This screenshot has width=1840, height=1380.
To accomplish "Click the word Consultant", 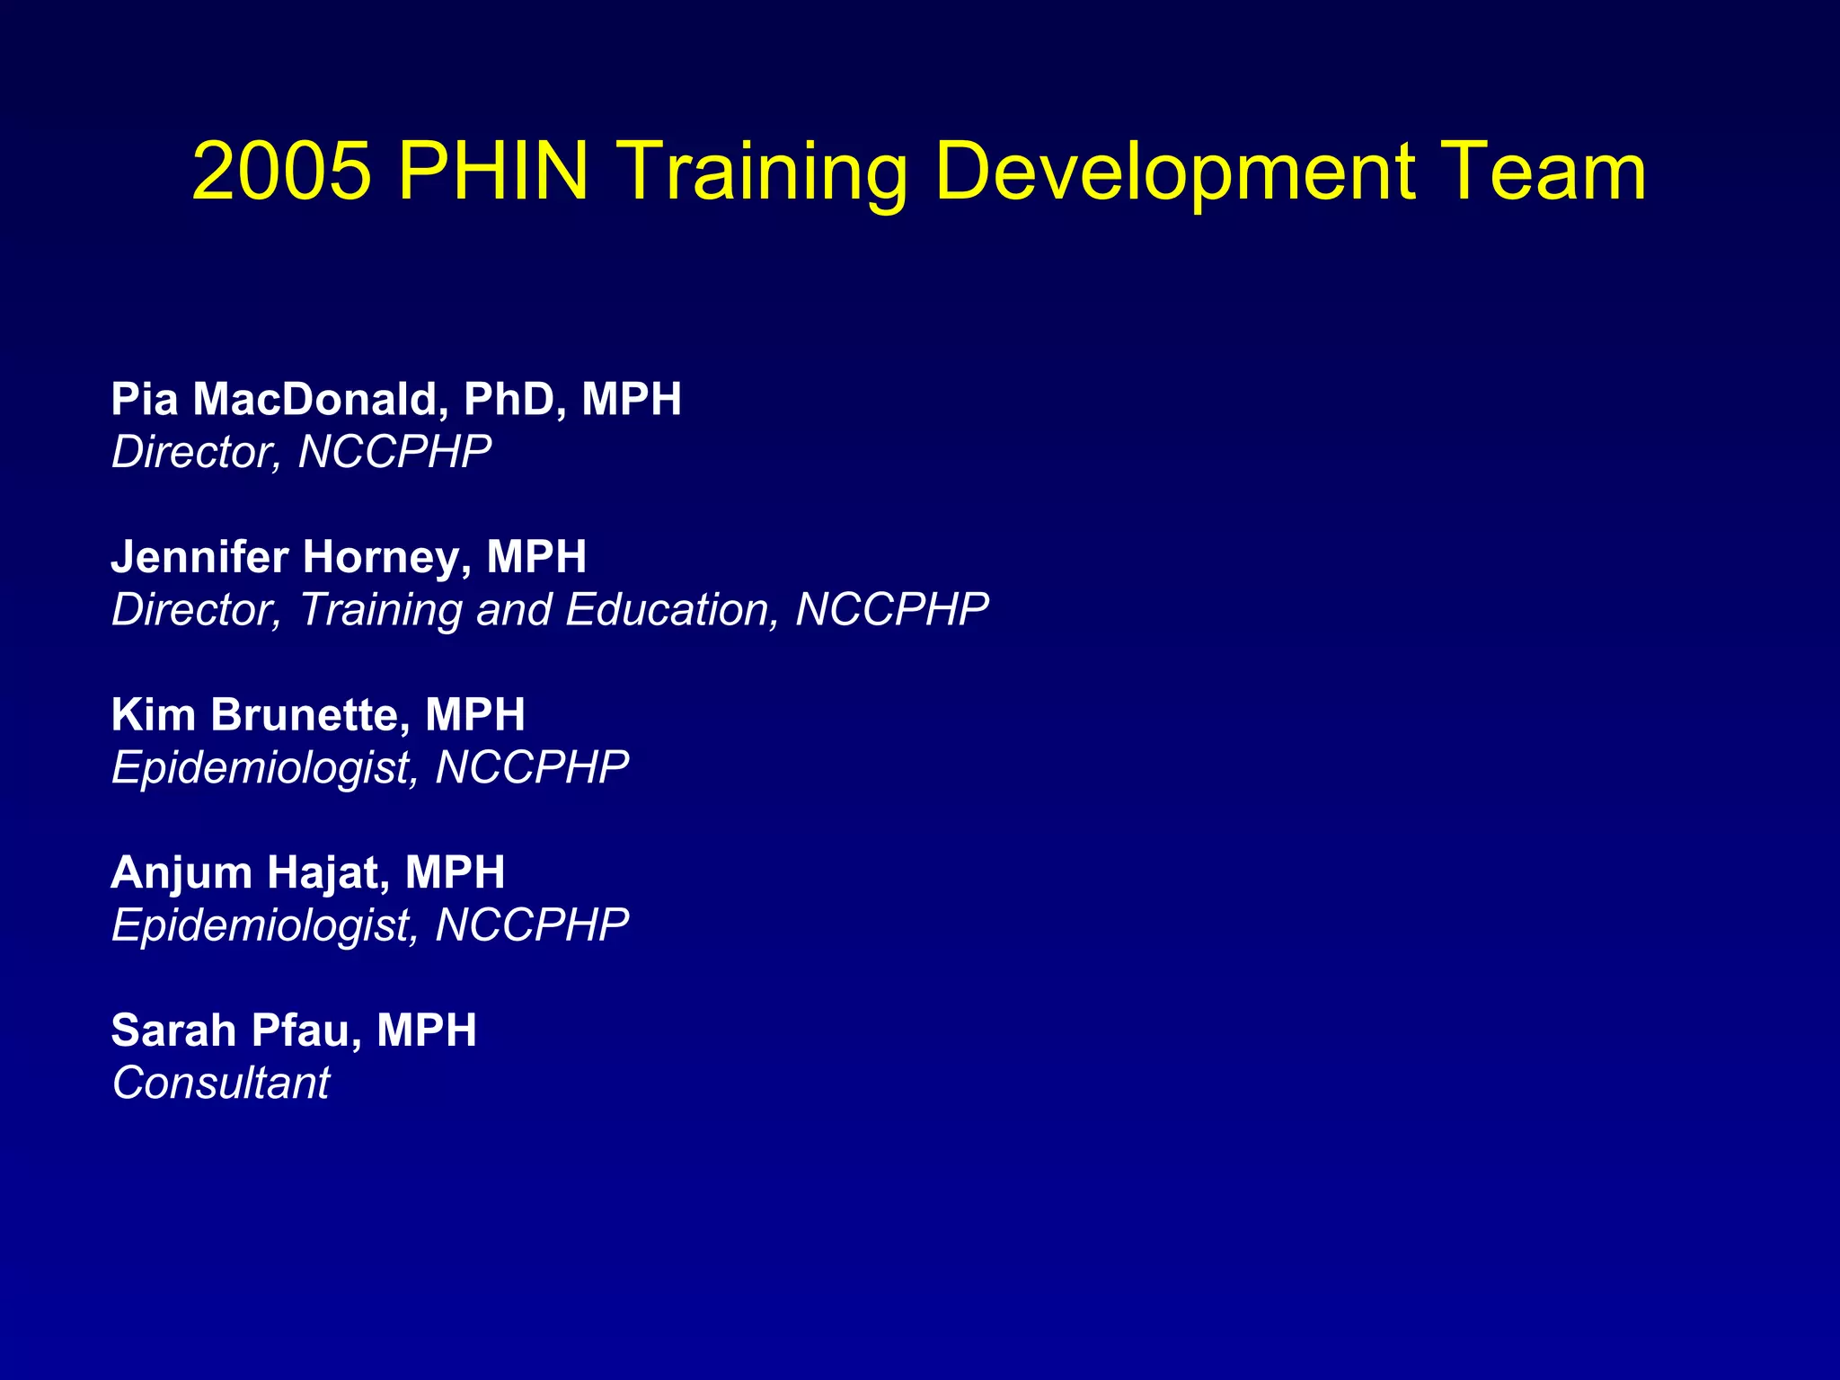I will coord(221,1083).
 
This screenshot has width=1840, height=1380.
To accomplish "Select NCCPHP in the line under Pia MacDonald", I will coord(395,452).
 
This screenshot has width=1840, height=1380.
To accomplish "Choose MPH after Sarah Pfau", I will coord(427,1031).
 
